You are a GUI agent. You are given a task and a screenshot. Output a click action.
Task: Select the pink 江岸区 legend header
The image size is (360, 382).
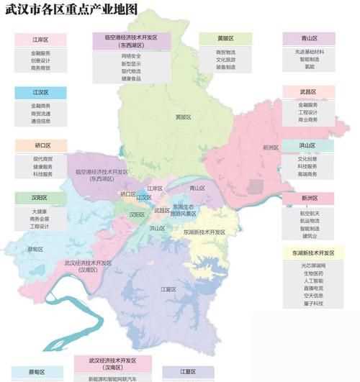(40, 40)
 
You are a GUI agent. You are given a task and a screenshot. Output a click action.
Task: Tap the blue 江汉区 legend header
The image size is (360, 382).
(40, 93)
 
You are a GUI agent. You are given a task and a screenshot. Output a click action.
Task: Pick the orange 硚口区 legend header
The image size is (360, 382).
(40, 145)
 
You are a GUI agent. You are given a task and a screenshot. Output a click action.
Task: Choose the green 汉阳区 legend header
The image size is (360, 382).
(40, 197)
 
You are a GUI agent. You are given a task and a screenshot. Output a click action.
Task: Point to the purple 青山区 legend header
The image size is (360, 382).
(310, 39)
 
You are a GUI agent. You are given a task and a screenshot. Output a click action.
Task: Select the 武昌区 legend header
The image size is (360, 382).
(310, 92)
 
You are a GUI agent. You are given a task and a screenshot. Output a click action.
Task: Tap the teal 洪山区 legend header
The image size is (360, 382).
(310, 145)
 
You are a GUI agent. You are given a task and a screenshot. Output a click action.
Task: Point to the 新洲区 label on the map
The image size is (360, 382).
(271, 147)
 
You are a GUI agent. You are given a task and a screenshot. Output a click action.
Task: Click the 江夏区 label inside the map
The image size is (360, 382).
(168, 289)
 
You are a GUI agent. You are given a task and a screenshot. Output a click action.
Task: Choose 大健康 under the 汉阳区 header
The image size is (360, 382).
(40, 212)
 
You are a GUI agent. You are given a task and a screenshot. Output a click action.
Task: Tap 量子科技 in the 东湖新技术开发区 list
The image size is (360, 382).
(313, 304)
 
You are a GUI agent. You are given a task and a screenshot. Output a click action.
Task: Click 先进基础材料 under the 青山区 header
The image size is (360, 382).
(310, 52)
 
